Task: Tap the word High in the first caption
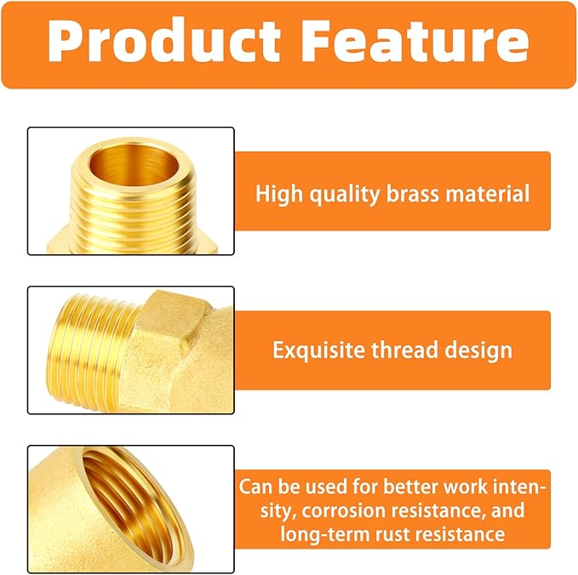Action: [278, 193]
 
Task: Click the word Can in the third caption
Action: [254, 487]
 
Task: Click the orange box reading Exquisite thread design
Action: [392, 350]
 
